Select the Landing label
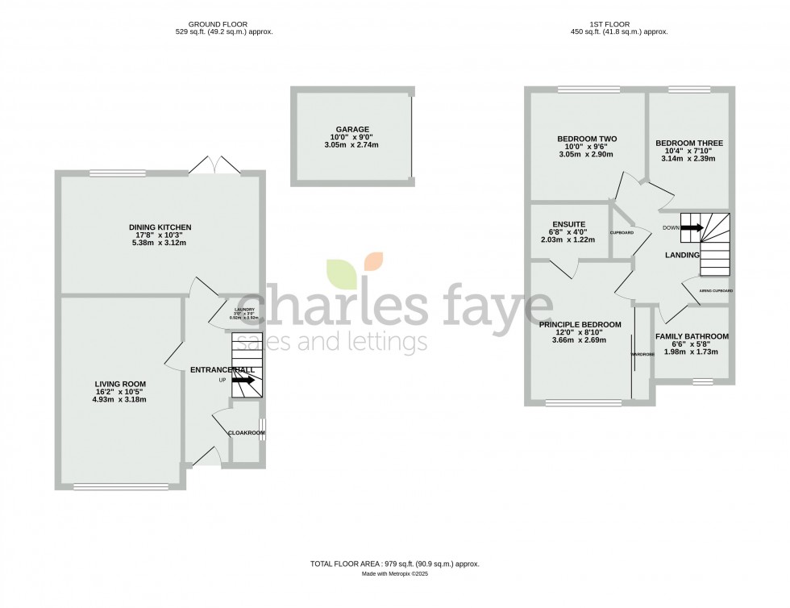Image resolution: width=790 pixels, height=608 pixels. (x=682, y=255)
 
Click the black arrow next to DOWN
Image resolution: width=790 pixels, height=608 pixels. (x=692, y=228)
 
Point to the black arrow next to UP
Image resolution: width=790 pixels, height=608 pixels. (x=243, y=380)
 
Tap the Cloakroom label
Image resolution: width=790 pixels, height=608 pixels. (x=247, y=433)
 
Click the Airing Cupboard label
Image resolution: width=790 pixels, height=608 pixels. (x=716, y=290)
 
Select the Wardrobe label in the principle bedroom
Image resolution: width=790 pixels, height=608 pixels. (x=642, y=354)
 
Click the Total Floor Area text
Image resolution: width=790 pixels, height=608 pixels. (x=400, y=564)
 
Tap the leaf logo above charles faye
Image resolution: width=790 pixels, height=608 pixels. (x=355, y=271)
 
